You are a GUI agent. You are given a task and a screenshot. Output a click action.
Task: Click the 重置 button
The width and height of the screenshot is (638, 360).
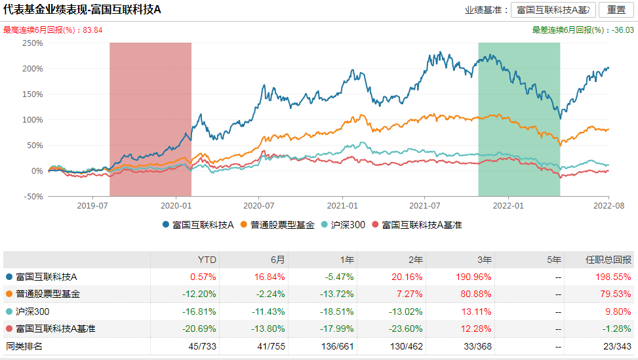616,10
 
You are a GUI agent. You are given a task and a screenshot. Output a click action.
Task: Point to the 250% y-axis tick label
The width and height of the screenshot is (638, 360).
32,43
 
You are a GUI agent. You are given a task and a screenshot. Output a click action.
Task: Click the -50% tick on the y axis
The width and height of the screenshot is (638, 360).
32,196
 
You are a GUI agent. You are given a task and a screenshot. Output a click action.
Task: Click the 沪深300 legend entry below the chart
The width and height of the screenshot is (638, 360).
344,225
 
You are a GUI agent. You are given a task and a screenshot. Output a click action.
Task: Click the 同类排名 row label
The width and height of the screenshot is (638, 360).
24,346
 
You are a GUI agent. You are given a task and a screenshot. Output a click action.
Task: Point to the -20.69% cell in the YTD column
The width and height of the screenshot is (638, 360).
203,329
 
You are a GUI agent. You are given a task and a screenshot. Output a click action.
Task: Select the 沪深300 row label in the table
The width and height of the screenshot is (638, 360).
33,311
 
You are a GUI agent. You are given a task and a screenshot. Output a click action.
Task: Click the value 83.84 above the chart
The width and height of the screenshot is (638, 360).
93,30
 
